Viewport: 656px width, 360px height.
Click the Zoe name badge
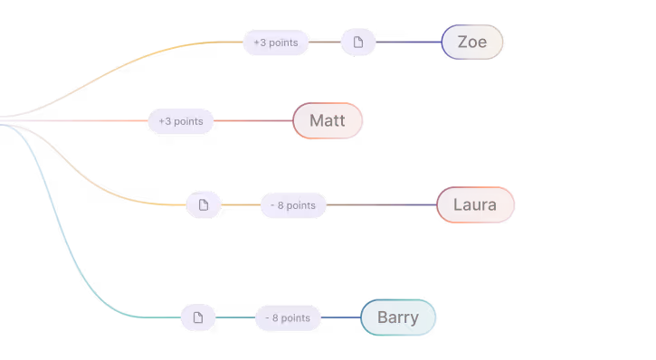tap(471, 43)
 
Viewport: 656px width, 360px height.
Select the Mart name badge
tap(327, 121)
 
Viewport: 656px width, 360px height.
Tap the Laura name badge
tap(475, 205)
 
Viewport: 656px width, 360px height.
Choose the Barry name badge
tap(398, 317)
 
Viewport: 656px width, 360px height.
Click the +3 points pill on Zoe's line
tap(275, 43)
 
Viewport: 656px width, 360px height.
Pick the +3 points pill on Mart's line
tap(180, 121)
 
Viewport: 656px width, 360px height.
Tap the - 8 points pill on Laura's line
tap(293, 205)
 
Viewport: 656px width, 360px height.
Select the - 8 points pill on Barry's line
tap(288, 317)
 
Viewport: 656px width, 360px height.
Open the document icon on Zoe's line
tap(358, 43)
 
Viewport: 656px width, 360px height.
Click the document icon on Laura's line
tap(204, 205)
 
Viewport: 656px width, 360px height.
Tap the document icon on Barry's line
tap(198, 317)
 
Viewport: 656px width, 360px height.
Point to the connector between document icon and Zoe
tap(408, 43)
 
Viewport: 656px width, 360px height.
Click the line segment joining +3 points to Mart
tap(252, 121)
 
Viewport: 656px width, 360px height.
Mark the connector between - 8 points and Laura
tap(381, 205)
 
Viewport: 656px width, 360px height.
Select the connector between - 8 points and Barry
tap(340, 317)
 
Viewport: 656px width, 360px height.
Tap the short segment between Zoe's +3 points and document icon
tap(325, 43)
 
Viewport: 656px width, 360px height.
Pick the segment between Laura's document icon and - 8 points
tap(241, 205)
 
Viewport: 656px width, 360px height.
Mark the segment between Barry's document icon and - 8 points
tap(235, 317)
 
